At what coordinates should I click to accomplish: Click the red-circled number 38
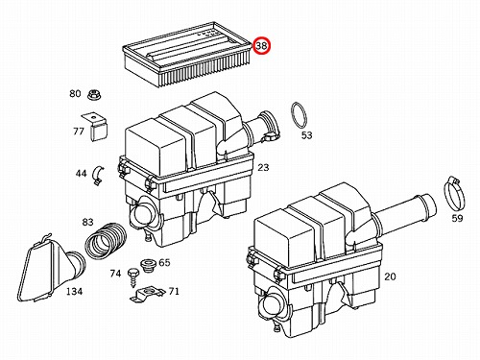coord(262,45)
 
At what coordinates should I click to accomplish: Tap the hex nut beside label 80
coord(92,94)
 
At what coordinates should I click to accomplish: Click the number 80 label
coord(75,93)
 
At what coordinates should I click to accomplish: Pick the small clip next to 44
coord(97,175)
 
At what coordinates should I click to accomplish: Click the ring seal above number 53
coord(300,115)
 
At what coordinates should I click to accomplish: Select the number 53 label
coord(306,135)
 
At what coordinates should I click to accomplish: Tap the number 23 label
coord(263,167)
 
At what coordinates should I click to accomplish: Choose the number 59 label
coord(457,218)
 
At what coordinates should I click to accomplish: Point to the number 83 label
coord(87,222)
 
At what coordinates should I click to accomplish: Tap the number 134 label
coord(74,291)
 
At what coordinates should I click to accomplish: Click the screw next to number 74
coord(132,277)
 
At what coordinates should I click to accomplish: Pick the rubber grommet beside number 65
coord(148,266)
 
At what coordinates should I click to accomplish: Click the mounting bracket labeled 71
coord(147,294)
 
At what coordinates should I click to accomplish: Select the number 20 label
coord(390,276)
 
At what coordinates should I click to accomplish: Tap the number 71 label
coord(174,291)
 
